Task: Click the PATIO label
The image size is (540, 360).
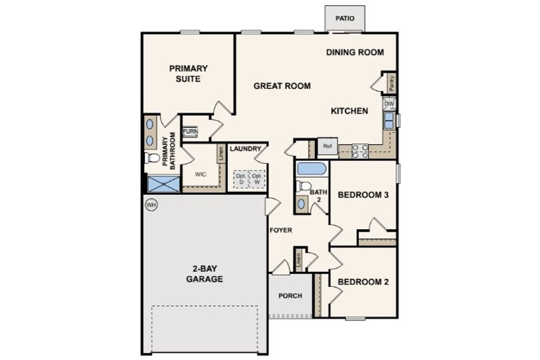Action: point(345,18)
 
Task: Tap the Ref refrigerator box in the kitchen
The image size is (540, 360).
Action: point(328,146)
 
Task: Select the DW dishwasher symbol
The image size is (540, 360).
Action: point(389,104)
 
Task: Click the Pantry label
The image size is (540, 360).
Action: point(391,83)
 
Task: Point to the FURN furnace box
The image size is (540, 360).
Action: point(190,131)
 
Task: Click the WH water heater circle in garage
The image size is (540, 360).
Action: point(151,205)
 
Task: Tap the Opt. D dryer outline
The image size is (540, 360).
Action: point(241,179)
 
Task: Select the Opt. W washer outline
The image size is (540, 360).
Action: point(257,179)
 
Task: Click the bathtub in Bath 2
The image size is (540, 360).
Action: point(311,169)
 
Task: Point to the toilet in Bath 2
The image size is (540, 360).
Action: point(303,187)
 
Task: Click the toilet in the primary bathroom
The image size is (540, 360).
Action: point(152,158)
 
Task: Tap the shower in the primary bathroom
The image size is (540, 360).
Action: point(164,184)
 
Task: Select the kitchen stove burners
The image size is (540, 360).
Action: point(360,151)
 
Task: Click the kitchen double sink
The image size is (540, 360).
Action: point(389,121)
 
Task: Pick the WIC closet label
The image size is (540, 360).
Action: point(200,175)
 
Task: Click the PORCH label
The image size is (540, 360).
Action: point(290,296)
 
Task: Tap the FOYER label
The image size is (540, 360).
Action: point(281,230)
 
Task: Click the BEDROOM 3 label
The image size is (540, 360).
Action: point(364,195)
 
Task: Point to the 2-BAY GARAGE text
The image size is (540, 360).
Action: point(205,274)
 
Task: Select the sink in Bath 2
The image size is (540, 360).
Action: point(301,204)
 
